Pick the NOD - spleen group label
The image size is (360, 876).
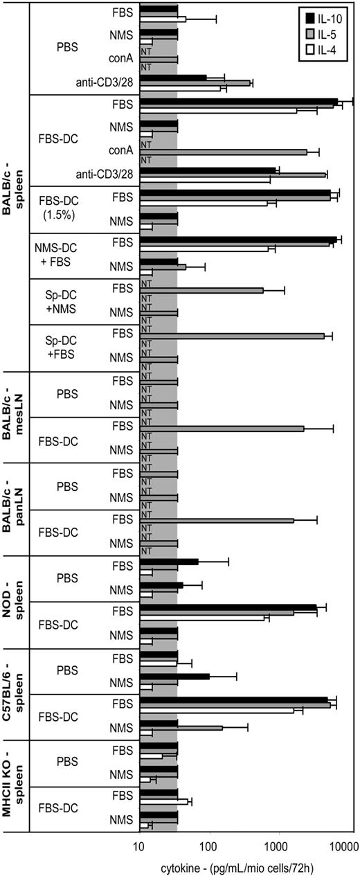pos(14,601)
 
